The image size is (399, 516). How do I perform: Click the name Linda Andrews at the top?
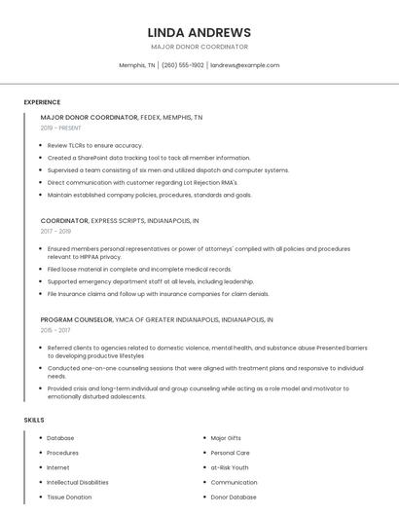click(199, 32)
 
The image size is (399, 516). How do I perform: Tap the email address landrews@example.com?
click(245, 65)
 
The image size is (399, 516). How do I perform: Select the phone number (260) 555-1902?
click(183, 65)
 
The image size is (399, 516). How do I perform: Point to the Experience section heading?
click(42, 102)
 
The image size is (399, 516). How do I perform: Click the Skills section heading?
click(34, 420)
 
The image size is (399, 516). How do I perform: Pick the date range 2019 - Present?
click(61, 128)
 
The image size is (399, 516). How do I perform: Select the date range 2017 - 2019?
click(55, 232)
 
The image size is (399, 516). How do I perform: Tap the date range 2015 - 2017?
click(55, 330)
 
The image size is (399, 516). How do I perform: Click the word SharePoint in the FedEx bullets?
click(98, 158)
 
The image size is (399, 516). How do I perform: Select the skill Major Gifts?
click(228, 438)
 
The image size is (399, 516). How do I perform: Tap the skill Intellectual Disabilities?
click(78, 482)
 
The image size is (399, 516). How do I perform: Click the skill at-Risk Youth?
click(230, 467)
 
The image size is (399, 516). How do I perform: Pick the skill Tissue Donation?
click(69, 497)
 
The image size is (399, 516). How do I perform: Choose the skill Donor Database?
click(234, 497)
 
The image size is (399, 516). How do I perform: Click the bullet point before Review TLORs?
click(40, 145)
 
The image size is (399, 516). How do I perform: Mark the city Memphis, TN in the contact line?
click(137, 65)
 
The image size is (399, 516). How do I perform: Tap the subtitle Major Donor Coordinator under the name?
click(199, 47)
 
